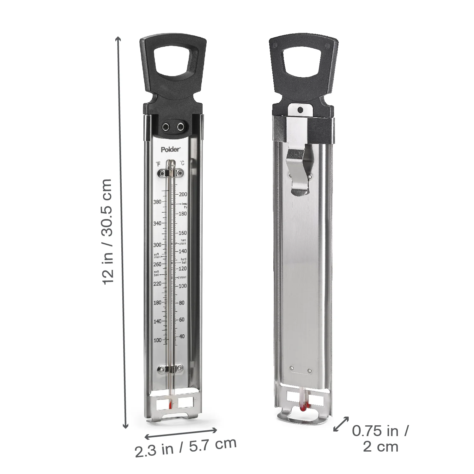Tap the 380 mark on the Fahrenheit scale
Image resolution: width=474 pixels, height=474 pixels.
157,202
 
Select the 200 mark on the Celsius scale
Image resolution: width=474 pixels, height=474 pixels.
183,194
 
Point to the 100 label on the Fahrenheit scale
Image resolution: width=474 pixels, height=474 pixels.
157,340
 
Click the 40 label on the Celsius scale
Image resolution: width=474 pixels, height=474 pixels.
182,336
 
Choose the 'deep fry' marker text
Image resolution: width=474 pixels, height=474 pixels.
185,205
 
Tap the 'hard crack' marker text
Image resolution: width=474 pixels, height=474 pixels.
183,242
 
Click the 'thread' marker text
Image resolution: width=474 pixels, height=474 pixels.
182,277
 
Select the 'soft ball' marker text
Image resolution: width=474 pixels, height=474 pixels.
156,273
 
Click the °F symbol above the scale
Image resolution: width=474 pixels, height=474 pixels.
158,164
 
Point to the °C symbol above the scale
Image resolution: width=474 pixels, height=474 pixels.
182,163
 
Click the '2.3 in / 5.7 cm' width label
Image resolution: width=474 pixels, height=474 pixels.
186,447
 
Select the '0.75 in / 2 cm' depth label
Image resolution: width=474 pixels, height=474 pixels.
380,438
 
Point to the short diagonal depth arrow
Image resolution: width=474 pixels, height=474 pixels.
341,424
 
